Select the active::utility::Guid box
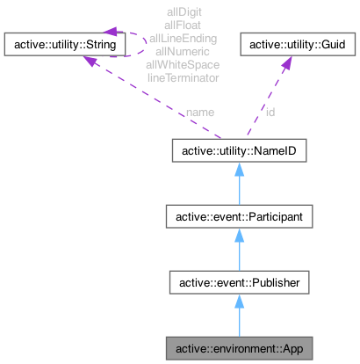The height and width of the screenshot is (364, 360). [299, 42]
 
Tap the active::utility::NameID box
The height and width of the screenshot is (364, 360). [239, 151]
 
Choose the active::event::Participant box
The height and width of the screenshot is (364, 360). [239, 216]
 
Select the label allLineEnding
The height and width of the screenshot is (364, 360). [184, 40]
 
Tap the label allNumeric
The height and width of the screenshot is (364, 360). [184, 52]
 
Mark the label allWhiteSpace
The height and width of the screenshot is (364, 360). [184, 64]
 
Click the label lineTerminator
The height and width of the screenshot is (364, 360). [184, 76]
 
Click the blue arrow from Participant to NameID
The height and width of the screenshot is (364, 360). [239, 185]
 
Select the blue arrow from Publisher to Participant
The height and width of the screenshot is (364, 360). [239, 250]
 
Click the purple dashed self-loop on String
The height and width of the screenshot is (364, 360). [137, 40]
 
